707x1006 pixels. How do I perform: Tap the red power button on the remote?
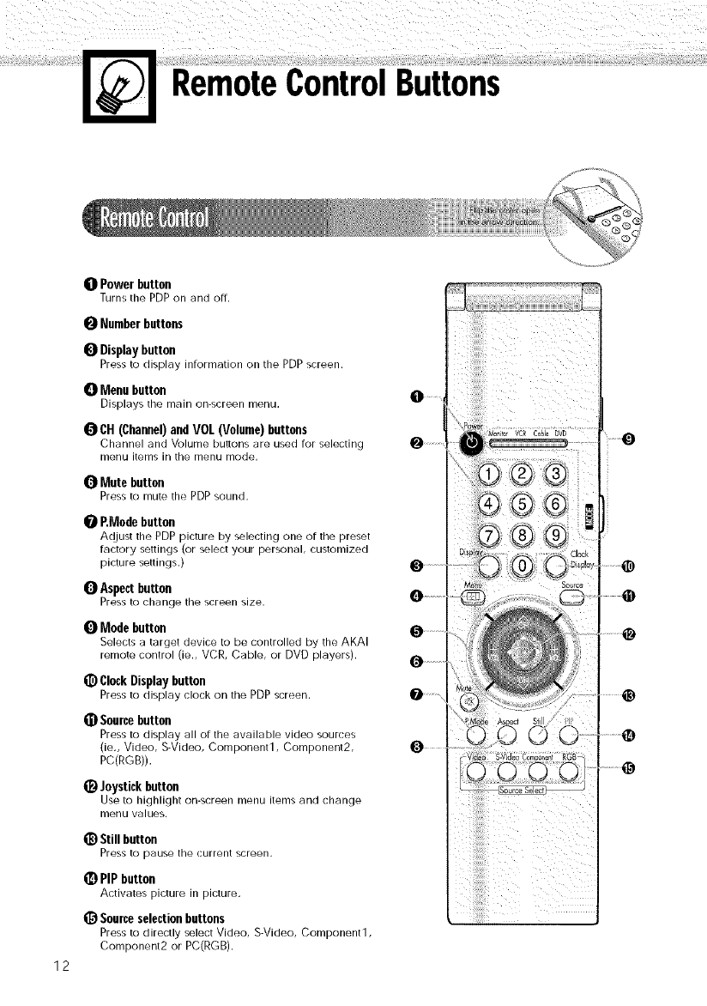point(472,443)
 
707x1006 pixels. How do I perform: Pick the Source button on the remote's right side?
point(571,597)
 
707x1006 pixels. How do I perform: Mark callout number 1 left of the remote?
point(416,396)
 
